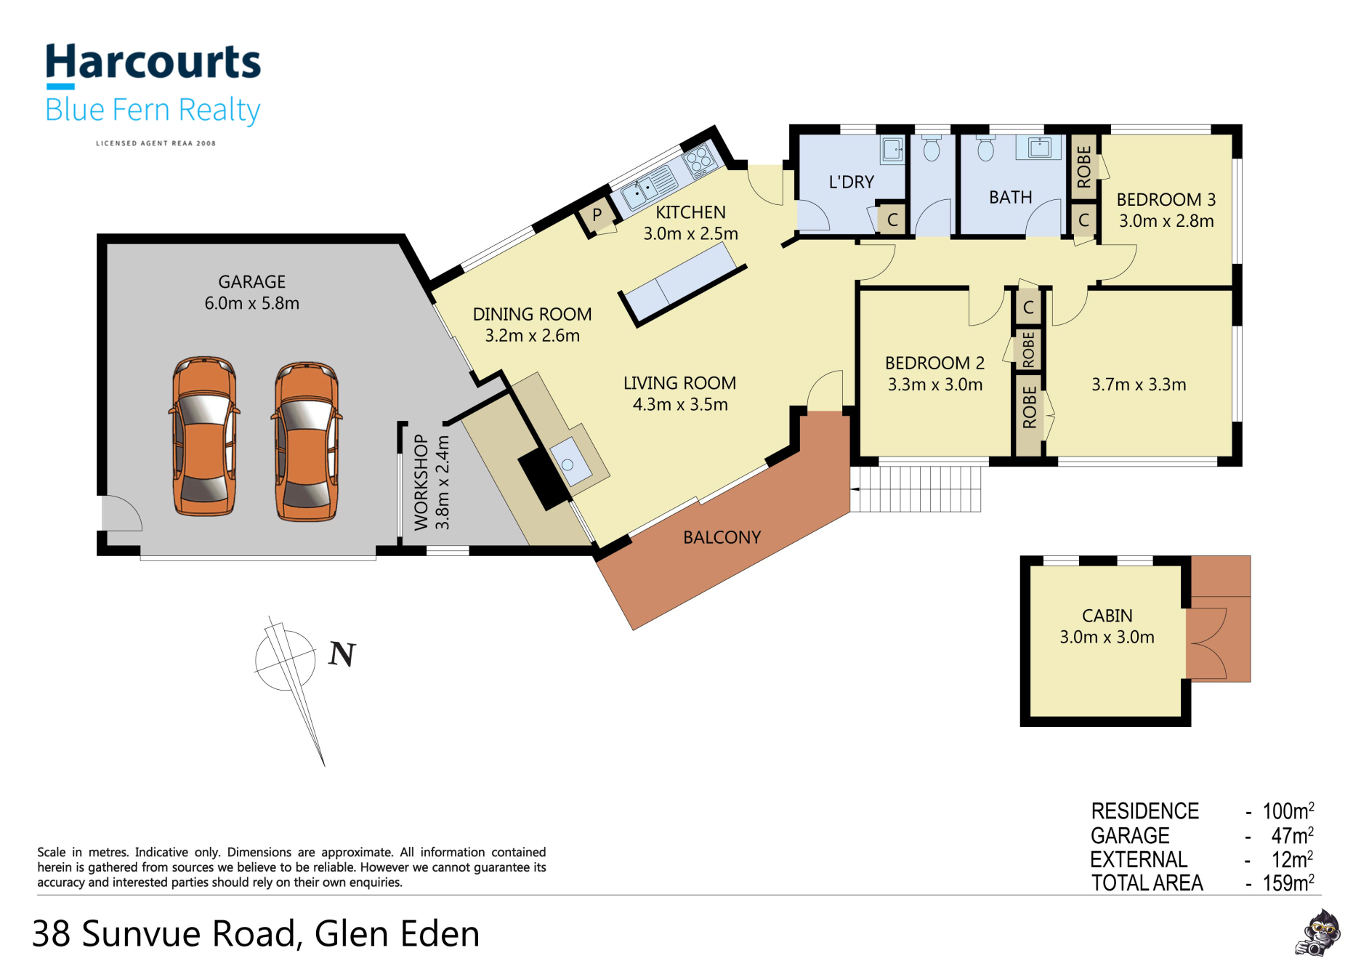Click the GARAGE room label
click(251, 281)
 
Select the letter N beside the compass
click(342, 654)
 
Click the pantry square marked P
click(597, 215)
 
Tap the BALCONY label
click(722, 537)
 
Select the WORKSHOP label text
click(421, 482)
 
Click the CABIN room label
click(1107, 616)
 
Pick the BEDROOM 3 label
click(1166, 199)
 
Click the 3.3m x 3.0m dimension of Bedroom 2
click(934, 385)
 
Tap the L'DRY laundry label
click(851, 182)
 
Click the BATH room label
click(1010, 197)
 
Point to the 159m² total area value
click(1288, 882)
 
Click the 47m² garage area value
click(1293, 835)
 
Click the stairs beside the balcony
click(916, 489)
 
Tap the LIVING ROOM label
click(679, 383)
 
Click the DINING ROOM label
click(532, 314)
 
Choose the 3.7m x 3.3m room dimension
click(1139, 385)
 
